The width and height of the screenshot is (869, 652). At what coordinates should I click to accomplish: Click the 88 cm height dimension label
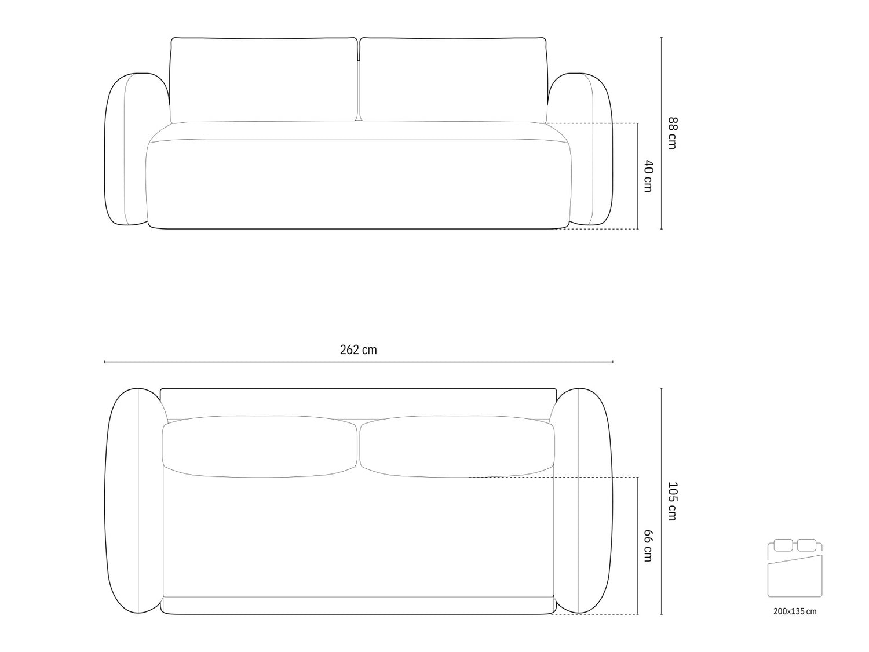(673, 133)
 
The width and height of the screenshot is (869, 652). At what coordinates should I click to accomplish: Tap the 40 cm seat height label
(648, 176)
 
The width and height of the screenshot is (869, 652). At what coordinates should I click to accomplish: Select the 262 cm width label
(358, 350)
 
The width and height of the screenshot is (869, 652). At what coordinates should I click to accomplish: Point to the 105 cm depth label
(673, 501)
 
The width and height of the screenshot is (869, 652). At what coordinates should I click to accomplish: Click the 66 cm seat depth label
(648, 546)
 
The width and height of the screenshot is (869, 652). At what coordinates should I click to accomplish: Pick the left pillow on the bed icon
(783, 545)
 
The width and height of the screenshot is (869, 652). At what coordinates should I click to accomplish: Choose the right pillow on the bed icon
(806, 545)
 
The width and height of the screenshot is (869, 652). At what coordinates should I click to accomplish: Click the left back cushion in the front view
(264, 80)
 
